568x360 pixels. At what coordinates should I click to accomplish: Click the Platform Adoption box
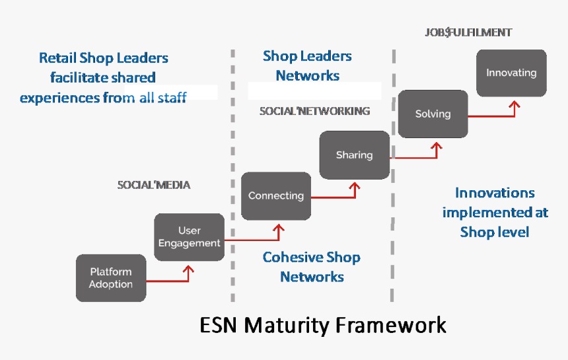tap(111, 278)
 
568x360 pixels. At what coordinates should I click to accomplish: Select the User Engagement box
tap(190, 237)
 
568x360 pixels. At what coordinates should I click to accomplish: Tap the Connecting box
tap(276, 196)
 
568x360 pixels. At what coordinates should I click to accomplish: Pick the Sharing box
tap(354, 155)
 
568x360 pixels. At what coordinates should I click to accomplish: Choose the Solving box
tap(433, 114)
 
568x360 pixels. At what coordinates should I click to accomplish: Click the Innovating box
tap(511, 73)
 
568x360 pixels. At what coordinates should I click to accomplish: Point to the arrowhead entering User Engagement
tap(190, 270)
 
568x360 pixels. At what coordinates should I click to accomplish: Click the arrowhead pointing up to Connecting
tap(278, 229)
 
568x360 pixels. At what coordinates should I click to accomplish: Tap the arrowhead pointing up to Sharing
tap(355, 188)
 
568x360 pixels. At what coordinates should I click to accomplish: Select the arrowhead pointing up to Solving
tap(435, 146)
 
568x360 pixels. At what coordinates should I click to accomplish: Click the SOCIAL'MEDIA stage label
tap(154, 185)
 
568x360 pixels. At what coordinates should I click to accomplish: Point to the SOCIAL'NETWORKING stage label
tap(314, 111)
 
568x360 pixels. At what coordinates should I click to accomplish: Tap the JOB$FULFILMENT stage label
tap(469, 32)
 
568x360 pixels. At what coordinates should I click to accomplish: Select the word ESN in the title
tap(219, 326)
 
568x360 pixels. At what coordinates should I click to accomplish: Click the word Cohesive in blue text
tap(289, 257)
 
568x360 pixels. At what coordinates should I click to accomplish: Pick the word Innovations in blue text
tap(495, 193)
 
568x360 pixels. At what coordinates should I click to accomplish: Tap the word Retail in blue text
tap(57, 57)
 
